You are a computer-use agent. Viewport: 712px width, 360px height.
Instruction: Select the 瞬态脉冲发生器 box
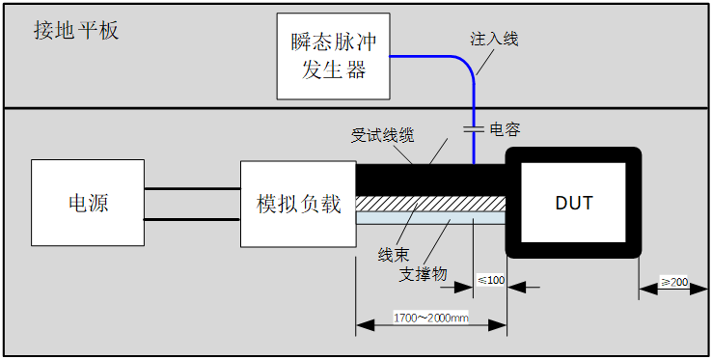point(335,55)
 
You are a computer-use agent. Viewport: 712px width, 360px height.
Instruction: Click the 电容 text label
point(505,129)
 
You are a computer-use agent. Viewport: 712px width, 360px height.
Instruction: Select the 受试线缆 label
point(382,137)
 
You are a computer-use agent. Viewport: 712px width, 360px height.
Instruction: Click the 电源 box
point(88,203)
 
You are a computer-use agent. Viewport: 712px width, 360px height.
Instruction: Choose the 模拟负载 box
point(298,204)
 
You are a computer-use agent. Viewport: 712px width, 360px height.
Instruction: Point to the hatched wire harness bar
point(430,204)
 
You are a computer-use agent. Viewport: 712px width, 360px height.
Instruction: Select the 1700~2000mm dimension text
point(431,318)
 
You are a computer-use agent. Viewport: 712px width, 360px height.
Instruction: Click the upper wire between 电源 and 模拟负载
point(192,189)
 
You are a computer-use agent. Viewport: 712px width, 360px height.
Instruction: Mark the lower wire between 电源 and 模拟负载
point(192,219)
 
